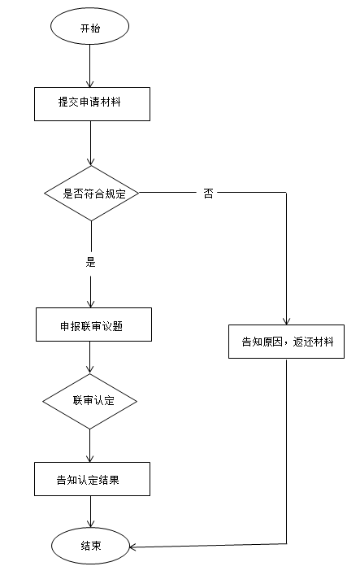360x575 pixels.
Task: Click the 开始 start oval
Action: tap(90, 28)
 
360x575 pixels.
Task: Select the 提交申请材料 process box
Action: tap(91, 102)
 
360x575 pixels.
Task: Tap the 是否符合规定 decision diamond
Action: tap(91, 194)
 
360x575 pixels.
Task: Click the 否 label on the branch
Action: tap(209, 194)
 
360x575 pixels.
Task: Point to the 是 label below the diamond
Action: tap(91, 262)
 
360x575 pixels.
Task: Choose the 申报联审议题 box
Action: tap(93, 325)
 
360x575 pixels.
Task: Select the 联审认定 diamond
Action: tap(89, 402)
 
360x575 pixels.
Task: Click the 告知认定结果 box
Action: tap(92, 479)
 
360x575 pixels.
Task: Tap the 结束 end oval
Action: tap(90, 545)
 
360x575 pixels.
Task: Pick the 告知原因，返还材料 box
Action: tap(287, 342)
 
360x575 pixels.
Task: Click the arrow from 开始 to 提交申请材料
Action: tap(90, 65)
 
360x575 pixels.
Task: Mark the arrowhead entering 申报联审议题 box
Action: tap(91, 303)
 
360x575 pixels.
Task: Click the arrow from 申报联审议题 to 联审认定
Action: tap(90, 358)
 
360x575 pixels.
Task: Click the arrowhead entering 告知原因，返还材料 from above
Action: tap(287, 320)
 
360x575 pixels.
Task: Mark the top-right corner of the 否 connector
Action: tap(287, 194)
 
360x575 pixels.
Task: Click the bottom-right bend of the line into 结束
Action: tap(287, 543)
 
